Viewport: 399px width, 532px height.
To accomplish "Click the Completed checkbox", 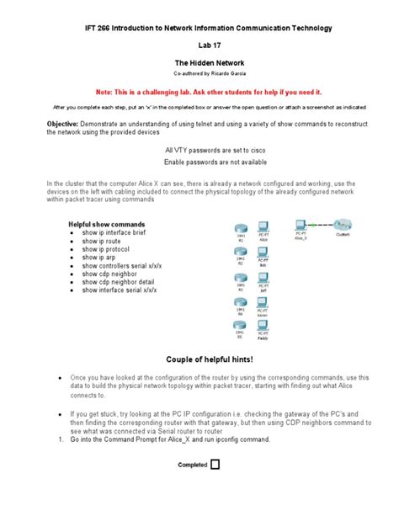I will [214, 463].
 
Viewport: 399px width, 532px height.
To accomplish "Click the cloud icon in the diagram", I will [342, 224].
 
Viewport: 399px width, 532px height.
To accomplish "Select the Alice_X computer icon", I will [301, 226].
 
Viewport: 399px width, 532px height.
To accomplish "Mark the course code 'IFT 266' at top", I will [101, 29].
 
